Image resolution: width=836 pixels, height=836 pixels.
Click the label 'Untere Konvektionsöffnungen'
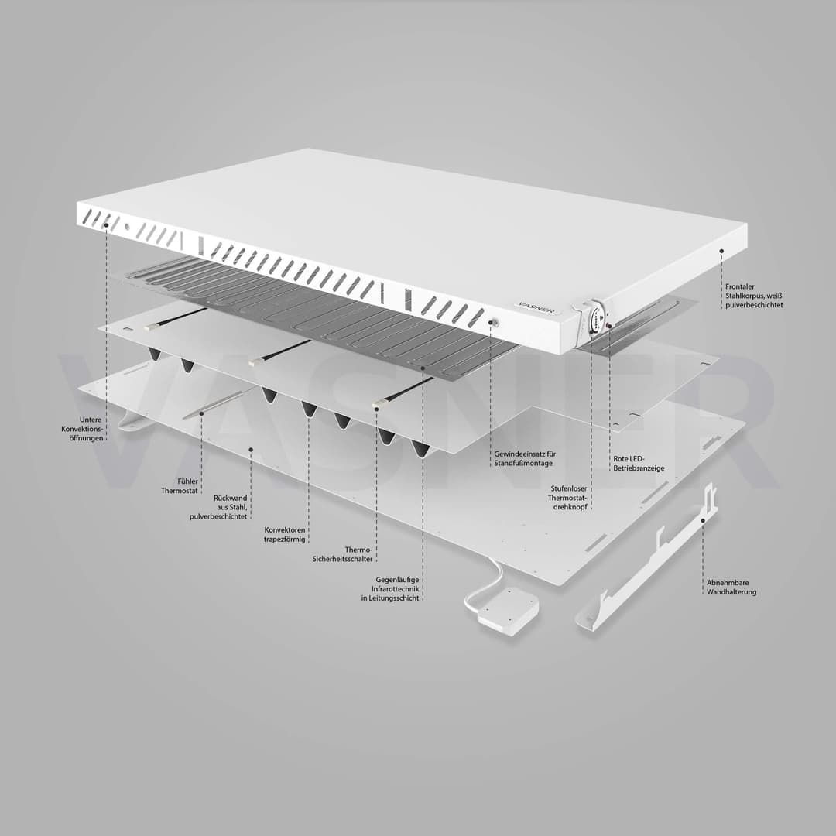tap(82, 429)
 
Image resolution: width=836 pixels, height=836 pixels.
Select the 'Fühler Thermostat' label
tap(180, 486)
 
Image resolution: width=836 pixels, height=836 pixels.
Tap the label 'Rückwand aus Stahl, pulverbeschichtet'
tap(218, 508)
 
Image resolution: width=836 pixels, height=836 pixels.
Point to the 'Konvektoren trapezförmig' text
tap(285, 535)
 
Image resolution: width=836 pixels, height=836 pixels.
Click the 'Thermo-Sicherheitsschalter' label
tap(343, 554)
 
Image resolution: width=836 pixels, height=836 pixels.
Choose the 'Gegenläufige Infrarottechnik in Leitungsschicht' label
tap(390, 589)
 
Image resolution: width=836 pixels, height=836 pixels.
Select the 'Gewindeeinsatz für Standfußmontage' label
tap(525, 458)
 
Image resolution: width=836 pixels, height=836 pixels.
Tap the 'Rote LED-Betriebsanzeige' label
tap(639, 464)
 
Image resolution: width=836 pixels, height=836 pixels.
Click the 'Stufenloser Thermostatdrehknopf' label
tap(569, 498)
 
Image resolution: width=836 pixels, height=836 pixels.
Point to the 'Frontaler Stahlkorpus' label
tap(754, 296)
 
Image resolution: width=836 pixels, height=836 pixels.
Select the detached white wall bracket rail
tap(646, 557)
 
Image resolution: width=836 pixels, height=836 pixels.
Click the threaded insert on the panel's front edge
tap(494, 323)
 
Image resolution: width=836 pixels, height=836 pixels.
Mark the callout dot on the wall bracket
tap(703, 520)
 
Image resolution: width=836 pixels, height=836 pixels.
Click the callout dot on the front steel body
tap(721, 250)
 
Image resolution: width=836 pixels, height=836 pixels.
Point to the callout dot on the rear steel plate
tap(251, 450)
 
